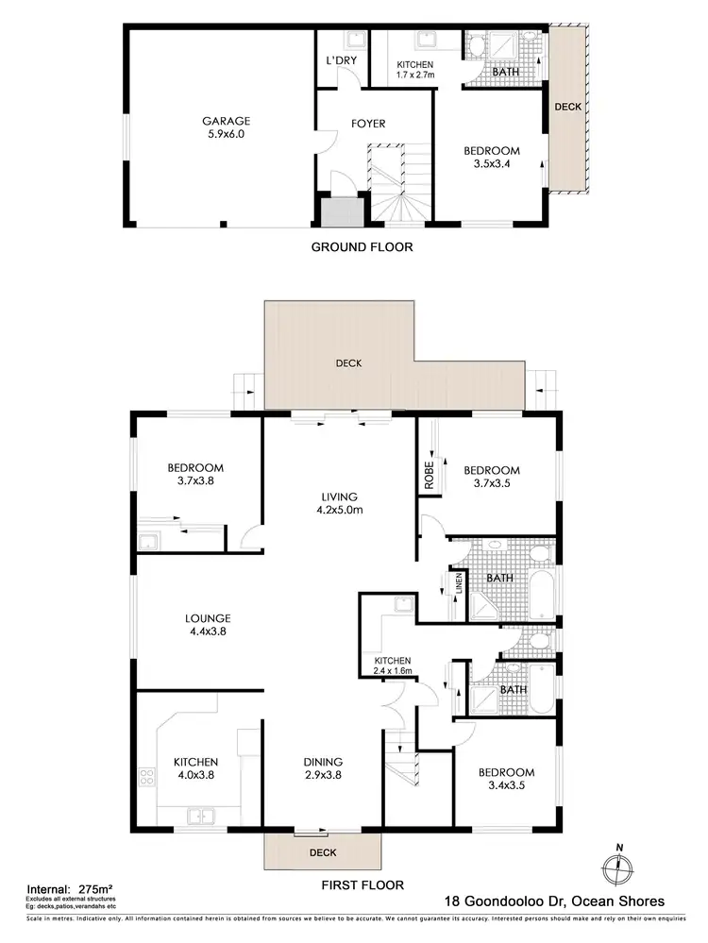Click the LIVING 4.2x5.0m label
(x=339, y=505)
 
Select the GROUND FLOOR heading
(x=362, y=247)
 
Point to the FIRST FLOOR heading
(x=362, y=885)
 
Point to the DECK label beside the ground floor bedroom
(x=567, y=108)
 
